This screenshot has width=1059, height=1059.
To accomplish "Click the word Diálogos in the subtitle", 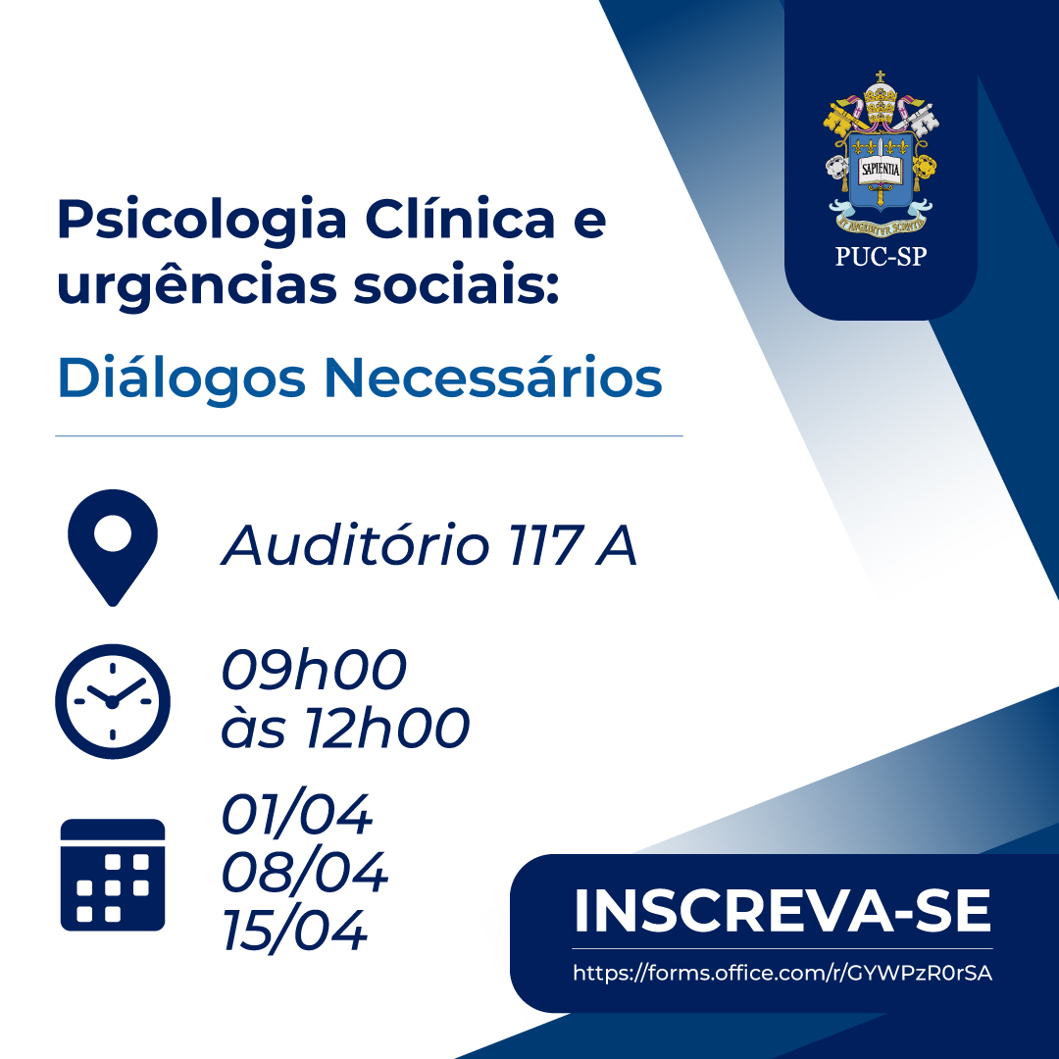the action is tap(181, 378).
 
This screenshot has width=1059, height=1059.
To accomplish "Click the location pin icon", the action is tap(113, 548).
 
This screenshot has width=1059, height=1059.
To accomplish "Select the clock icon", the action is tap(113, 701).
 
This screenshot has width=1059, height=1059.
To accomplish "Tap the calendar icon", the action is tap(113, 875).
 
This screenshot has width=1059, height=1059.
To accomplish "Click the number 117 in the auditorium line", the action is tap(546, 546).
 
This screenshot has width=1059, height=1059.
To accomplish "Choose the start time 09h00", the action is tap(314, 670).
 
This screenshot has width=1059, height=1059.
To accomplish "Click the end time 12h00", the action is tap(388, 728).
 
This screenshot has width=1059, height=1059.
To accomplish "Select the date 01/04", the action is tap(296, 814).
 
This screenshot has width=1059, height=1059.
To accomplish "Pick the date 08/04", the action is tap(305, 872).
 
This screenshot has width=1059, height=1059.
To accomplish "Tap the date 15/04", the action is tap(294, 931).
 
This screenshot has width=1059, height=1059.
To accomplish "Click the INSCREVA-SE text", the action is tap(782, 911).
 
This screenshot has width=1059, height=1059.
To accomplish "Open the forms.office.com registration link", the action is tap(782, 973).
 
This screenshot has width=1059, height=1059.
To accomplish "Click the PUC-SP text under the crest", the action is tap(881, 257).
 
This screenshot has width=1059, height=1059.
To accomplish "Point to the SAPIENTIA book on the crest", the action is tap(880, 169).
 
